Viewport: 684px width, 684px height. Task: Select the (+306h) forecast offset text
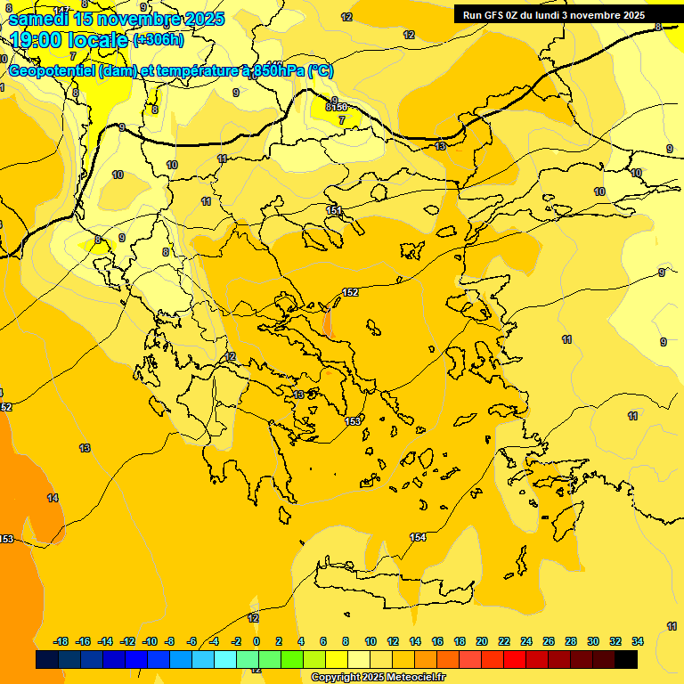(x=159, y=39)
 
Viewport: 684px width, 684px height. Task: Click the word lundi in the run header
(x=542, y=15)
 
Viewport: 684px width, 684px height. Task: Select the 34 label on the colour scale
(x=638, y=641)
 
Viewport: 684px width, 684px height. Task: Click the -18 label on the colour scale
(x=61, y=641)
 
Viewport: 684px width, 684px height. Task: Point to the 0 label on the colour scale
(x=256, y=641)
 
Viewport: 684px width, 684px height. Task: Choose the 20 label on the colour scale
(x=482, y=641)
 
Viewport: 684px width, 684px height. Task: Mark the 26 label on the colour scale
(x=549, y=641)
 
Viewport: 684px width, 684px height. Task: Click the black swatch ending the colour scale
(x=626, y=659)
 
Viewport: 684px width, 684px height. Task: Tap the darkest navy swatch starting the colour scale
(x=47, y=659)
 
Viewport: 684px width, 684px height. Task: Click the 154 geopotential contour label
(x=418, y=537)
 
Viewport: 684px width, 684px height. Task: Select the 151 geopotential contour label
(x=334, y=210)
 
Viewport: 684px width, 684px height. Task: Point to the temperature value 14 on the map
(x=53, y=498)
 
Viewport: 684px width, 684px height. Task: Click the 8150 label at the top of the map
(x=337, y=107)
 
